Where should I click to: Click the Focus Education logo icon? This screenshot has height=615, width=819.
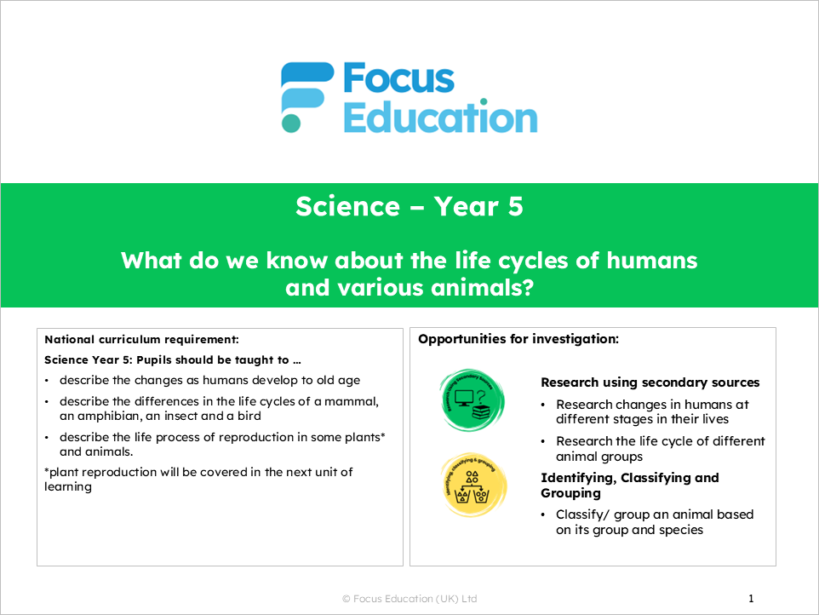[x=307, y=97]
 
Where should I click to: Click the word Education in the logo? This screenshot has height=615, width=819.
[x=440, y=118]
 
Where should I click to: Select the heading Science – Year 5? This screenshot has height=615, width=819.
[x=409, y=206]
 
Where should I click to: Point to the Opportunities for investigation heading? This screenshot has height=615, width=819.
[x=518, y=339]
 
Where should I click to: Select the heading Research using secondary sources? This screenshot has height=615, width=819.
[x=650, y=382]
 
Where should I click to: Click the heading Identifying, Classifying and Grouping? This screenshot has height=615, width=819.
[x=630, y=486]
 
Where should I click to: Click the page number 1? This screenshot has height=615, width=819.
[x=751, y=599]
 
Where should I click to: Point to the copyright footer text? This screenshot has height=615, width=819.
[x=409, y=599]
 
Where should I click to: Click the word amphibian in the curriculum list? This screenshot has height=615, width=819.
[x=112, y=416]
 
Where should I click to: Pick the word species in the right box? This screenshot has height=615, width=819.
[x=685, y=530]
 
